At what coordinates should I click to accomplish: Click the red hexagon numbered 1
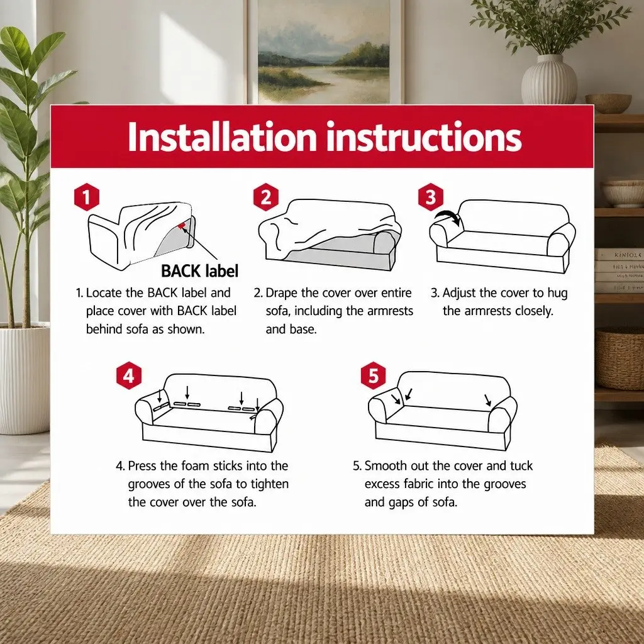87,197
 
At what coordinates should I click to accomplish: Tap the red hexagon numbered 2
266,197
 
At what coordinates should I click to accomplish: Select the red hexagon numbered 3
430,197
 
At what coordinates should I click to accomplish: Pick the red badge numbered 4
129,375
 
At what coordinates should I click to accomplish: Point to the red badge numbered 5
374,375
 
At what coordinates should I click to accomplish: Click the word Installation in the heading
222,136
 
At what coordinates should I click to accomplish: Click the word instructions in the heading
424,136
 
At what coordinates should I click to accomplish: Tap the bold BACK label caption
199,271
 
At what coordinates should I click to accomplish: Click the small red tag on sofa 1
181,225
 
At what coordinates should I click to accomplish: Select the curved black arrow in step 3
448,215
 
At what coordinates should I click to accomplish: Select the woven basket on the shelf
619,358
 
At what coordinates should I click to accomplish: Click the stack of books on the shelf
619,270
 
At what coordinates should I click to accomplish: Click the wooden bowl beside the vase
608,104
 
